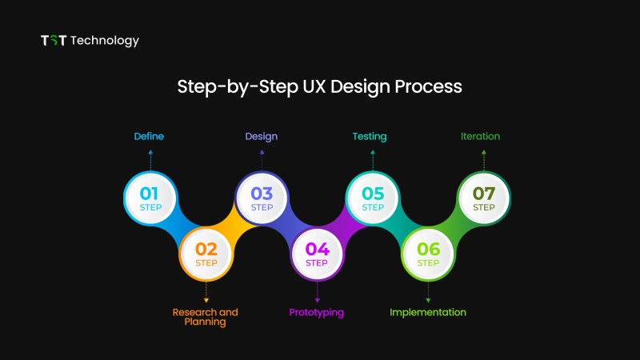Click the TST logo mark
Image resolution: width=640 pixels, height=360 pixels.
pyautogui.click(x=54, y=41)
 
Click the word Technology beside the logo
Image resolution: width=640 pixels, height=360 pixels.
pyautogui.click(x=105, y=41)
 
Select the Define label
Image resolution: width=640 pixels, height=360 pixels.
pyautogui.click(x=149, y=136)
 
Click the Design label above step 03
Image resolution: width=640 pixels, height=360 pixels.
pyautogui.click(x=262, y=137)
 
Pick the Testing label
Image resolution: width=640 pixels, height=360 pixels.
pyautogui.click(x=370, y=137)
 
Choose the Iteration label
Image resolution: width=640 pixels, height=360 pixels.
pyautogui.click(x=481, y=136)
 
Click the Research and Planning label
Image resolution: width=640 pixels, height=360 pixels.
pyautogui.click(x=206, y=317)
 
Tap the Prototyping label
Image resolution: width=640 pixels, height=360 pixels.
pyautogui.click(x=316, y=313)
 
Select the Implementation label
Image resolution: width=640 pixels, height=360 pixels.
pyautogui.click(x=428, y=313)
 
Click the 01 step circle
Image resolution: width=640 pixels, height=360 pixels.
pyautogui.click(x=150, y=198)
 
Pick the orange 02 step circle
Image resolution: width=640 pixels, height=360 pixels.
pyautogui.click(x=206, y=254)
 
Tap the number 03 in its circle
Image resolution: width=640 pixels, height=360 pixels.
pyautogui.click(x=262, y=194)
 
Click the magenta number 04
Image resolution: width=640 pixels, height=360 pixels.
pyautogui.click(x=317, y=249)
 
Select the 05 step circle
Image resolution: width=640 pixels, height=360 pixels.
pyautogui.click(x=373, y=198)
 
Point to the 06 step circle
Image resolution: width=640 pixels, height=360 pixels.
pyautogui.click(x=428, y=254)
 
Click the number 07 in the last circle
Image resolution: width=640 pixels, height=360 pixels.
pyautogui.click(x=484, y=194)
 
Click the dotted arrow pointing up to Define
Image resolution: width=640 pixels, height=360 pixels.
pyautogui.click(x=150, y=160)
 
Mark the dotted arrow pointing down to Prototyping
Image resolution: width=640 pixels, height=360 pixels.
pyautogui.click(x=317, y=292)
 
